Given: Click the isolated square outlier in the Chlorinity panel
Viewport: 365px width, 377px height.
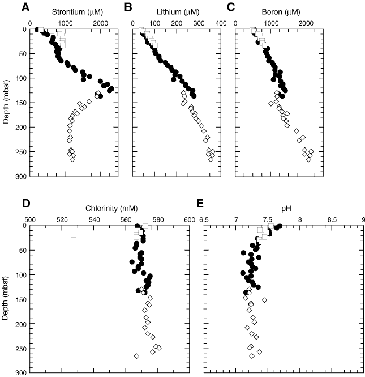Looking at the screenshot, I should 74,240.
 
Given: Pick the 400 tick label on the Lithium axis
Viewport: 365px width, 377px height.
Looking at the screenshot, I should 220,22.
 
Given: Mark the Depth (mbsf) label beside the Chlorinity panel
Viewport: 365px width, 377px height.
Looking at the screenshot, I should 7,299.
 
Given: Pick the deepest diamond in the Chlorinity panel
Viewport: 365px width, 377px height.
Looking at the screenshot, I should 137,356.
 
